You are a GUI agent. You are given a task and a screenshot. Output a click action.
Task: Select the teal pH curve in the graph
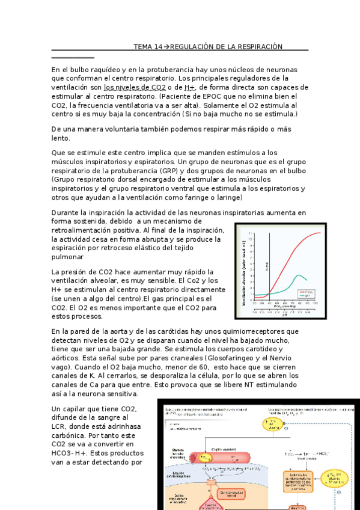[x=300, y=277]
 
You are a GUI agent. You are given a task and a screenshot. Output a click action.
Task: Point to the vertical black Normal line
[x=270, y=265]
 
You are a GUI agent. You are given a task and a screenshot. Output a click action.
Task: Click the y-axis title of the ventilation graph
[x=245, y=270]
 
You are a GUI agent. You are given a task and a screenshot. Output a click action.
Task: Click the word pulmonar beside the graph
[x=71, y=257]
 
